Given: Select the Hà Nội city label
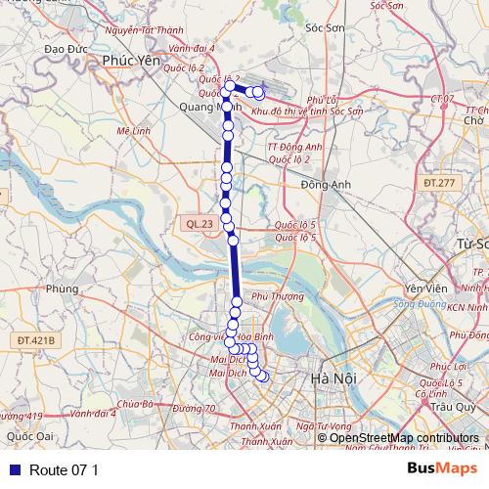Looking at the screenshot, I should coord(329,378).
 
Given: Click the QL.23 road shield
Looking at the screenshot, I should coord(199,224).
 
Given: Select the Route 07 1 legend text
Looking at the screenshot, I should coord(65,470).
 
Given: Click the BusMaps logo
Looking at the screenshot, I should coord(442,469).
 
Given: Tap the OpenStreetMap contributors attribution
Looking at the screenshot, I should coord(404,438).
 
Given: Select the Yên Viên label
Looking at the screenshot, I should coord(424,289).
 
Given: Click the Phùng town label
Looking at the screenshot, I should coord(61,289).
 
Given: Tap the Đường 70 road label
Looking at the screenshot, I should coord(197,408).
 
